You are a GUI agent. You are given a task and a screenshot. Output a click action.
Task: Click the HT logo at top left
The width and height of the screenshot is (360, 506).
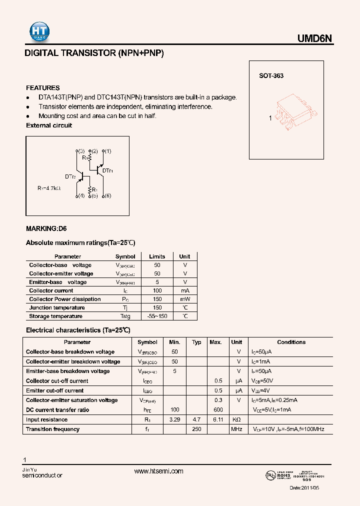point(37,32)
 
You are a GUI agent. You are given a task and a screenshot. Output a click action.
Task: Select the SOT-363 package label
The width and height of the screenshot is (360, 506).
point(271,76)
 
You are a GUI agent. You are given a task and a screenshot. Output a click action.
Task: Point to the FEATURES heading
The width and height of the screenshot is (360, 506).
point(42,87)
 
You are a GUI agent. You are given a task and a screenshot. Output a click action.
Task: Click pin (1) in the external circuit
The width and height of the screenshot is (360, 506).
point(107,151)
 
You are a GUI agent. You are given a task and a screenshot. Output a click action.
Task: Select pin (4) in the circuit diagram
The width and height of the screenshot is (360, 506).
point(81,196)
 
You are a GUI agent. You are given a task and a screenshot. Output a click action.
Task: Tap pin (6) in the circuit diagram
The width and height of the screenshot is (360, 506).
point(107,196)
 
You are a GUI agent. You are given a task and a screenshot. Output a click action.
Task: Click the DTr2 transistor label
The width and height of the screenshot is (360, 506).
point(70,176)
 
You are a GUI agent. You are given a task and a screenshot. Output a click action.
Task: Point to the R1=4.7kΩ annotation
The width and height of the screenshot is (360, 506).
point(48,188)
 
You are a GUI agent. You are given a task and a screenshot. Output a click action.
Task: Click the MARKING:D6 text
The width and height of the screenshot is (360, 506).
point(46,228)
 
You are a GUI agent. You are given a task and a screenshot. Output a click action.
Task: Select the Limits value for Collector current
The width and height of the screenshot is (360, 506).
point(157,290)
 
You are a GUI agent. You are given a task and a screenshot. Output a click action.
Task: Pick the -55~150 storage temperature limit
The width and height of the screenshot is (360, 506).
point(157,316)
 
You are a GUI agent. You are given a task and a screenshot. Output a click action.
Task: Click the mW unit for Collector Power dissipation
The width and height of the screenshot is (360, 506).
point(184,299)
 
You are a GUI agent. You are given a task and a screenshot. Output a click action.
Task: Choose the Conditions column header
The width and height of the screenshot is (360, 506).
point(291,342)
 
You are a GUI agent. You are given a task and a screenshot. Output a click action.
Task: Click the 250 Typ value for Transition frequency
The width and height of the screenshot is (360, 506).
point(196,429)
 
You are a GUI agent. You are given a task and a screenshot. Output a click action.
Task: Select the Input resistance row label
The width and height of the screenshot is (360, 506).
point(46,419)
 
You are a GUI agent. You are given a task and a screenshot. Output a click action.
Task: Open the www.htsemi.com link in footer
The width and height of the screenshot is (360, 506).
point(159,471)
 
